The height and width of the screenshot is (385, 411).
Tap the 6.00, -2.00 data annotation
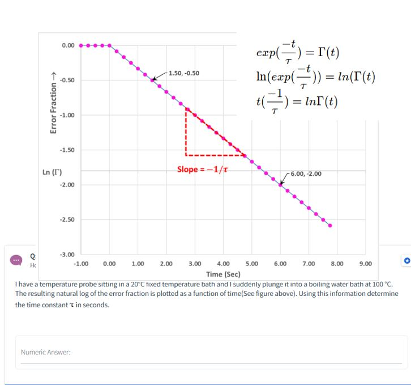(x=306, y=174)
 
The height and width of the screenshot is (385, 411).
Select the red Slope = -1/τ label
(x=203, y=169)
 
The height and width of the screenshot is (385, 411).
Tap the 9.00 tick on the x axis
(x=365, y=264)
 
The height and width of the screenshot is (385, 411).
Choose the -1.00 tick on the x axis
(x=80, y=264)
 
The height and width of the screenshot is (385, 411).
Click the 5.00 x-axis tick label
(x=251, y=264)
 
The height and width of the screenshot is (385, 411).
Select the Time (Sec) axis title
(x=223, y=274)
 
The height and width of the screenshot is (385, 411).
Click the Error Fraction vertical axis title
(x=54, y=103)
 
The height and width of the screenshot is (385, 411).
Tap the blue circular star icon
(x=406, y=261)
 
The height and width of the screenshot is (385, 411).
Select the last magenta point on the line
(x=330, y=226)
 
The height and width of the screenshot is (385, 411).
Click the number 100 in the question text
(x=376, y=284)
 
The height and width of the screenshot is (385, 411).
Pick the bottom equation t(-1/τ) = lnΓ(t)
(x=297, y=103)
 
